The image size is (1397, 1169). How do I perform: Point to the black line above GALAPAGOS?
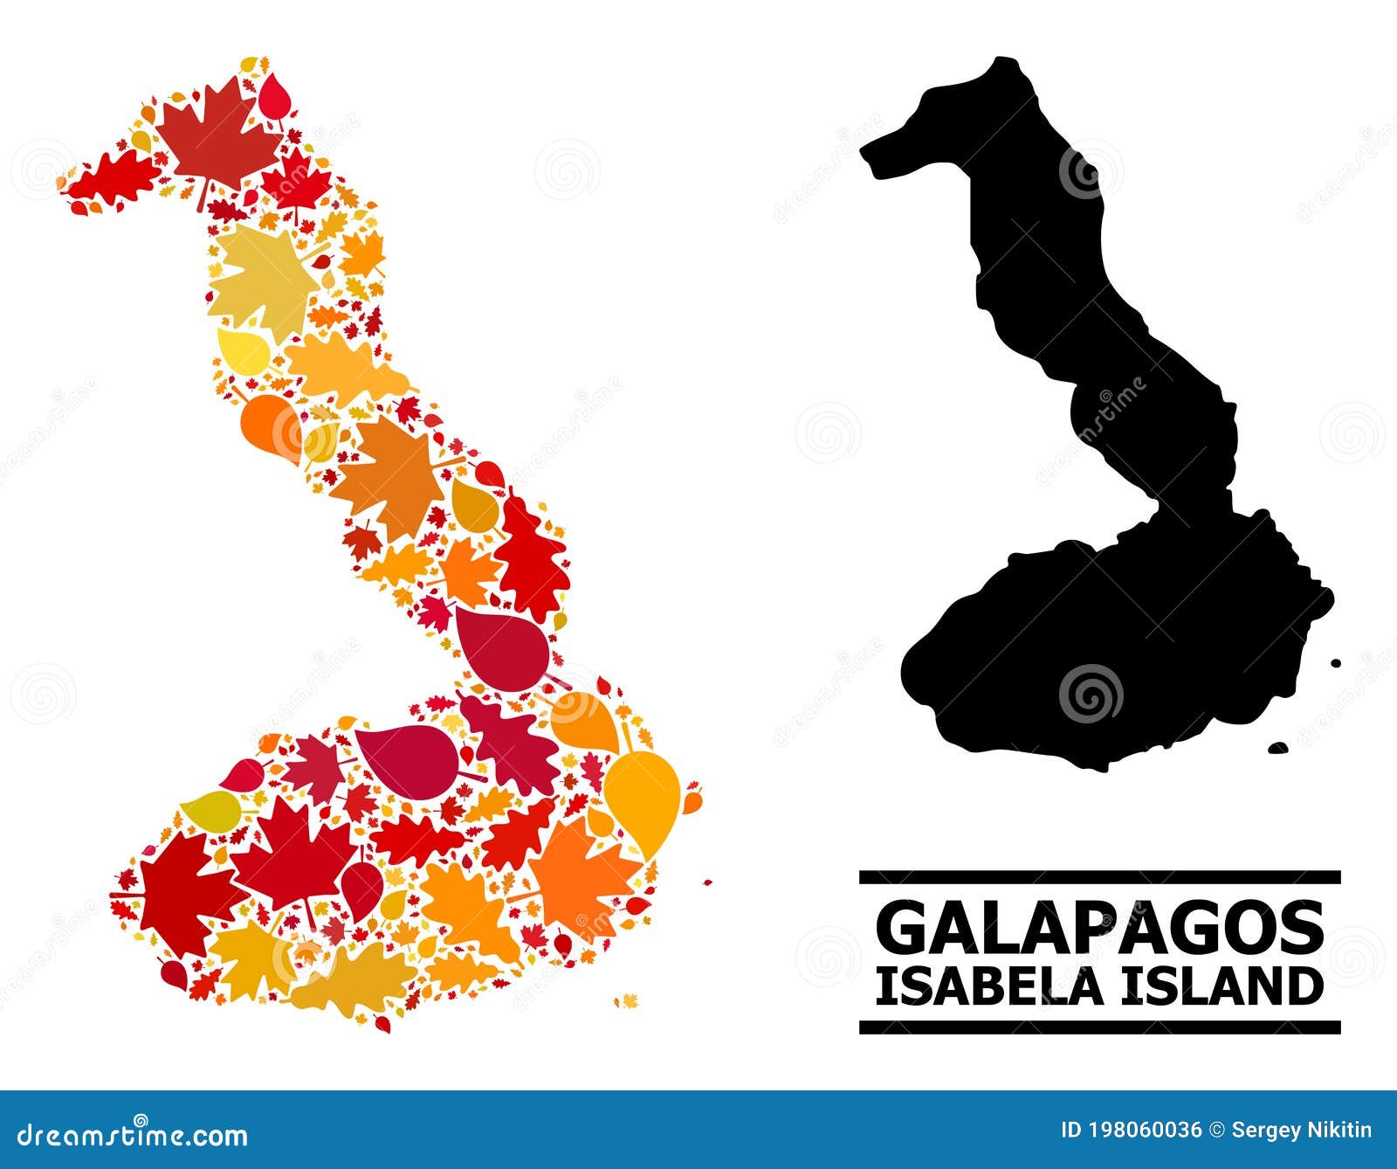click(1099, 876)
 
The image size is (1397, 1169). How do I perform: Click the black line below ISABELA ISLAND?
click(1099, 1027)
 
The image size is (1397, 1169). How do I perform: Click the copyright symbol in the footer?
click(1216, 1131)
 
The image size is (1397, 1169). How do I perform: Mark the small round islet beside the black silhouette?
click(1335, 665)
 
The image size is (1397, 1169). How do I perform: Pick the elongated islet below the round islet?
click(1278, 748)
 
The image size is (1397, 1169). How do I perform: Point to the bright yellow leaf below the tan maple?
click(243, 350)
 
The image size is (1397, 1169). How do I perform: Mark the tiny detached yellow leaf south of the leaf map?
click(626, 1000)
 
